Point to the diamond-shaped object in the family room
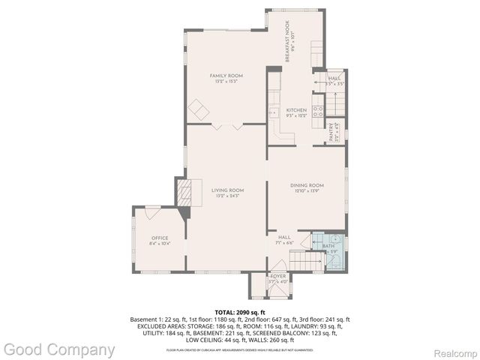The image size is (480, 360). click(199, 109)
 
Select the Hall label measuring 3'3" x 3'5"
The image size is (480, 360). click(334, 81)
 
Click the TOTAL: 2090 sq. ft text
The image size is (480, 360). click(239, 311)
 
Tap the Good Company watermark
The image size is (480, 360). click(58, 349)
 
